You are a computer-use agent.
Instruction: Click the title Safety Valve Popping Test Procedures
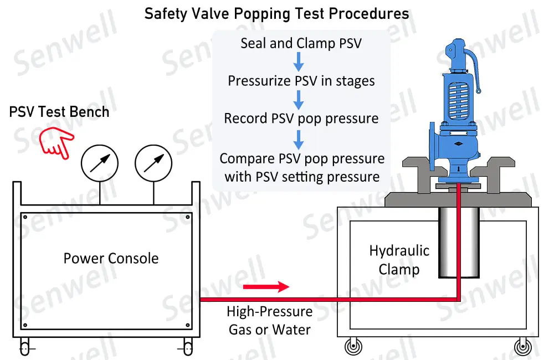(277, 13)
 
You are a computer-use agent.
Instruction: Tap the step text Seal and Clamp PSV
(301, 43)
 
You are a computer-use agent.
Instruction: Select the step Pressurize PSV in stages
(301, 81)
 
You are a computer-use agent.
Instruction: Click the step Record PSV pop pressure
(301, 119)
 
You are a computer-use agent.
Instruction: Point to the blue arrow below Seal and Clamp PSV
(299, 62)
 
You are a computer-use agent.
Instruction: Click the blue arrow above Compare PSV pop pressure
(299, 138)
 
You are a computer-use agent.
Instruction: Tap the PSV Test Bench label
(59, 112)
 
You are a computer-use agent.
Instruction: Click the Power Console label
(111, 258)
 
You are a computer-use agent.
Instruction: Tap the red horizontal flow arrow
(266, 286)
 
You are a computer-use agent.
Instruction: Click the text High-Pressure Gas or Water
(270, 321)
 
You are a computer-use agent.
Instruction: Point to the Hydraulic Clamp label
(399, 260)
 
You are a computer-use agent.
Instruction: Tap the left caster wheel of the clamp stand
(352, 347)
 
